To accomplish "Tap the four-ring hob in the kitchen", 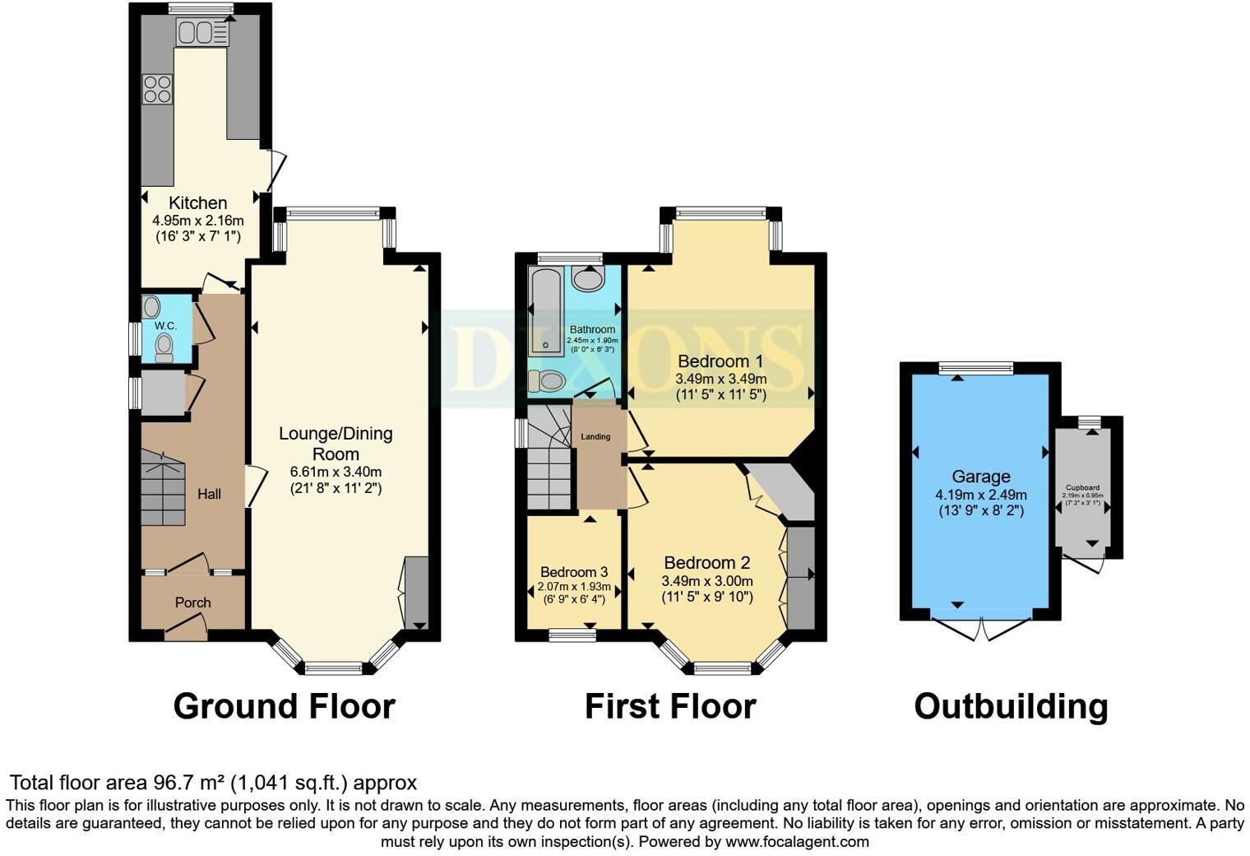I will pyautogui.click(x=157, y=89).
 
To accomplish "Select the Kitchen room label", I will pyautogui.click(x=198, y=202).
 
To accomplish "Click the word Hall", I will pyautogui.click(x=209, y=494).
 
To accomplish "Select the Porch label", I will pyautogui.click(x=193, y=602).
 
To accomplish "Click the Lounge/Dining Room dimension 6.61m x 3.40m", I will pyautogui.click(x=336, y=472).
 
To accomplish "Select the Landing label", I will pyautogui.click(x=595, y=436).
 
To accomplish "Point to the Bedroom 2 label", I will pyautogui.click(x=707, y=563).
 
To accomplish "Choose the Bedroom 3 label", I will pyautogui.click(x=574, y=572).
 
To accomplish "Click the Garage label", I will pyautogui.click(x=980, y=477).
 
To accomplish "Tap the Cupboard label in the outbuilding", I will pyautogui.click(x=1082, y=487).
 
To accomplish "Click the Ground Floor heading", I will pyautogui.click(x=285, y=706).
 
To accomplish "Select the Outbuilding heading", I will pyautogui.click(x=1011, y=706).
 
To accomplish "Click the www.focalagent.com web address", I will pyautogui.click(x=797, y=842).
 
